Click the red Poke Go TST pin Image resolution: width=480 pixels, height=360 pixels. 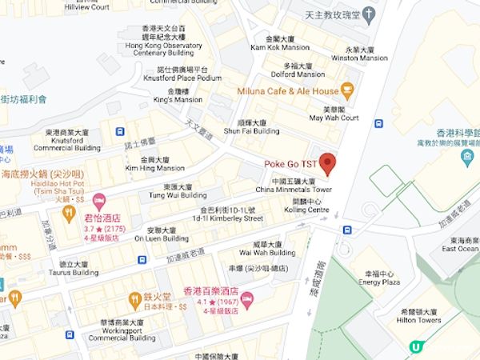tap(328, 159)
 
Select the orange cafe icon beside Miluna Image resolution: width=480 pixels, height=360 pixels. tap(347, 90)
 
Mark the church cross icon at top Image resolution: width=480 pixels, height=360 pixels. tap(368, 14)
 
